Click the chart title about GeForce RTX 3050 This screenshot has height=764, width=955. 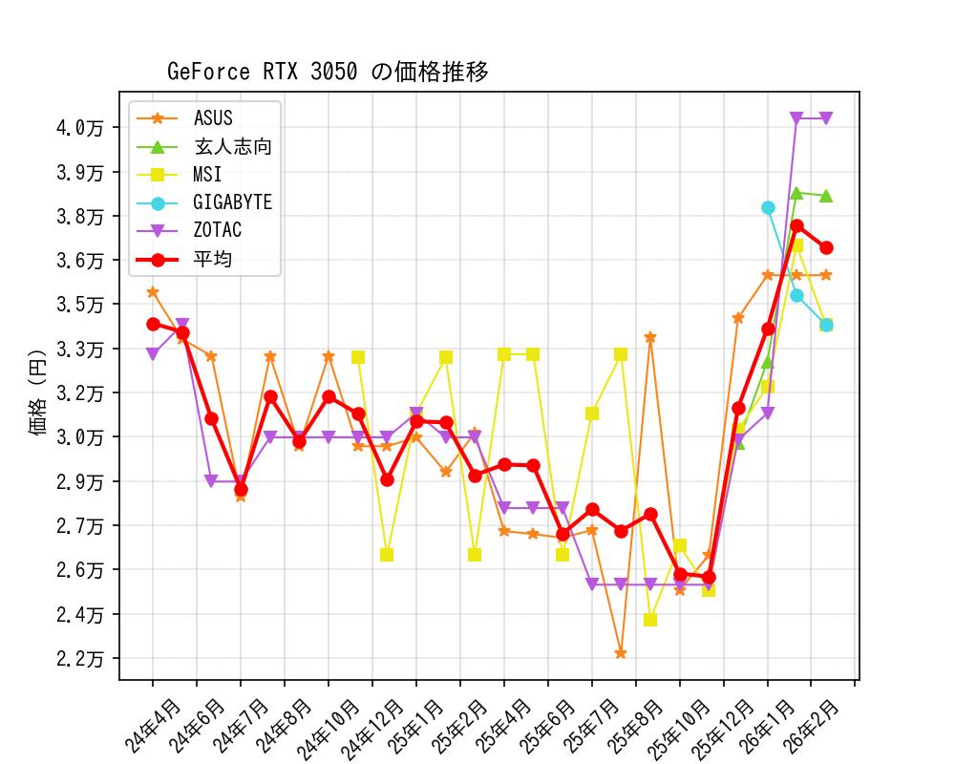(328, 72)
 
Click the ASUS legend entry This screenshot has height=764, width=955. (212, 118)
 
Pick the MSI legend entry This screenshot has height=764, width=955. (207, 175)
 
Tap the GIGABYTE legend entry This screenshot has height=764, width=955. (232, 202)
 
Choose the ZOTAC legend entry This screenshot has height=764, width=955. (217, 230)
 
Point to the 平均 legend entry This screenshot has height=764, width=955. (212, 259)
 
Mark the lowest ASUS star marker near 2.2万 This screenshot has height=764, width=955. (621, 654)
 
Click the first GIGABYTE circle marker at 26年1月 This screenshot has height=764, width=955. (768, 207)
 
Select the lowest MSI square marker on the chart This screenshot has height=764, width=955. (650, 620)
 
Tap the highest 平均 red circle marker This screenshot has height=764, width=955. (796, 226)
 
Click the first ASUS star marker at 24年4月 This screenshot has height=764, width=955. (153, 292)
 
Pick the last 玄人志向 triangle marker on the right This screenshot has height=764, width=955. (826, 196)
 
